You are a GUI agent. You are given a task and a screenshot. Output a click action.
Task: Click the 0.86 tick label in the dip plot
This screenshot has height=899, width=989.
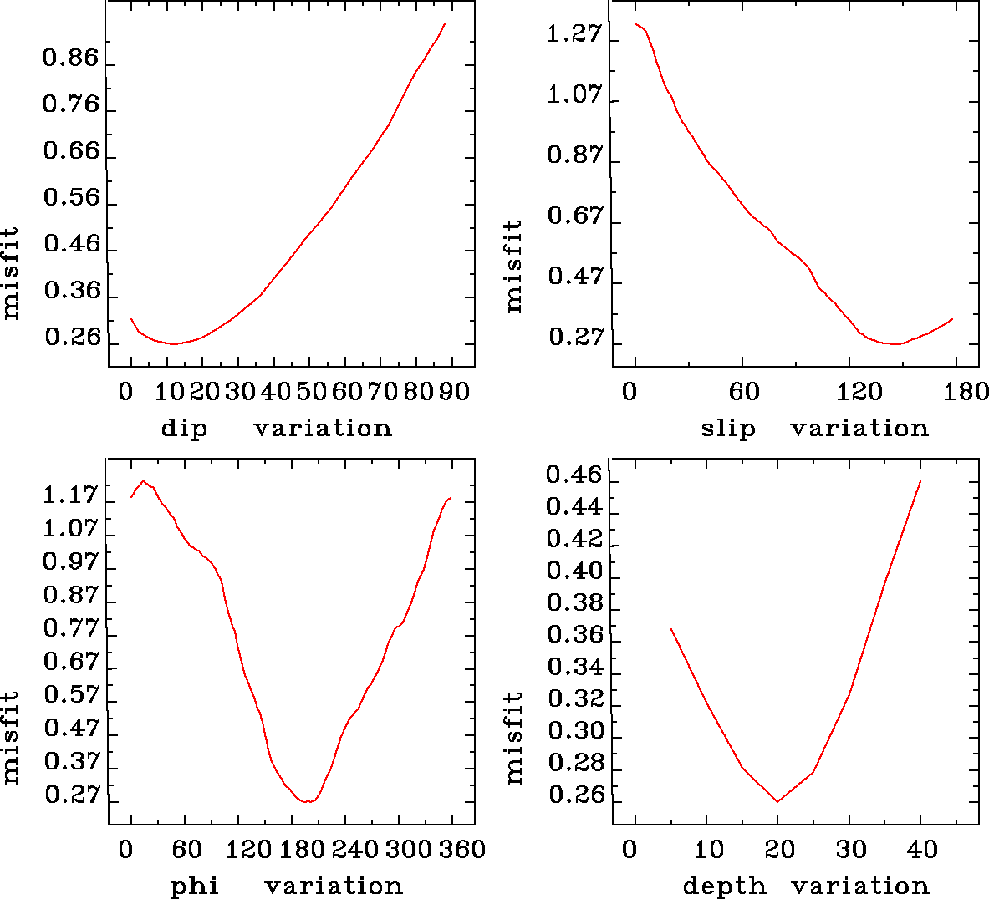(71, 58)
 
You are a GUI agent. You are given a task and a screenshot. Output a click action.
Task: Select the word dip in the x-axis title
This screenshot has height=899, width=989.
(184, 429)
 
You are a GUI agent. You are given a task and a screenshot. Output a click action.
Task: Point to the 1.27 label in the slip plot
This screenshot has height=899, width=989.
(574, 34)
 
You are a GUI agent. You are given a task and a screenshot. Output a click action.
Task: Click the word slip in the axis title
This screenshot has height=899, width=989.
(727, 429)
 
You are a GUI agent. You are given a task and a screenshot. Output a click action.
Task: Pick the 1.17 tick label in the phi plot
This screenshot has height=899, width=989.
(71, 495)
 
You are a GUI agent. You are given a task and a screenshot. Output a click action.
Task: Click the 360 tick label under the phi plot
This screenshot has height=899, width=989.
(462, 850)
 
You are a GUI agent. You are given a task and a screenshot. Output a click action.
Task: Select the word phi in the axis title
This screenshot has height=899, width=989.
(195, 886)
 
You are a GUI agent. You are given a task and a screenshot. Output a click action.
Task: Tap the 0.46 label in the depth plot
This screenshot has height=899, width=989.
(574, 475)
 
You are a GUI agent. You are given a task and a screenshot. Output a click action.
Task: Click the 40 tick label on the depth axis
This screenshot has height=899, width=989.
(922, 850)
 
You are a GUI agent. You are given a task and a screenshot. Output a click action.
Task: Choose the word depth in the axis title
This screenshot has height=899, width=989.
(724, 886)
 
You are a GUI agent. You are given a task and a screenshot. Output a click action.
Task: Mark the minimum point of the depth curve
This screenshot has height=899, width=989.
(777, 802)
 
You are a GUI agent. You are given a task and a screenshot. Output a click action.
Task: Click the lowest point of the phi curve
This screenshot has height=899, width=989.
(308, 802)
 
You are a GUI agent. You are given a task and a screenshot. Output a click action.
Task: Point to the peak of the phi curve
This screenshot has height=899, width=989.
(144, 480)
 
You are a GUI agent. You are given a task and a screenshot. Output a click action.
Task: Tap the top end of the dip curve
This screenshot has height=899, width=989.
(445, 23)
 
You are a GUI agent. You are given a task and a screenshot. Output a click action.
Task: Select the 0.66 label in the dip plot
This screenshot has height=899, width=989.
(71, 151)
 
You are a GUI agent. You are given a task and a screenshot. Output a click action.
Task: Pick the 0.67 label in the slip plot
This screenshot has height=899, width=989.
(574, 216)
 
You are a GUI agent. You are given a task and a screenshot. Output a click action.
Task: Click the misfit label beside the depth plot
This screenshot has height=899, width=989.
(513, 738)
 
